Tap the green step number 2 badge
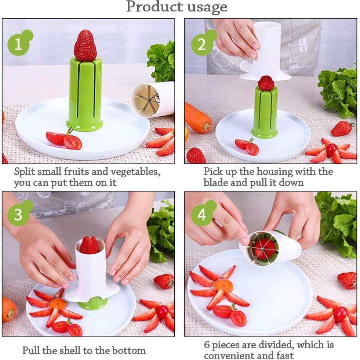[202, 44]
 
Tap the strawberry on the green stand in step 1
[85, 46]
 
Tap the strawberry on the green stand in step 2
[266, 83]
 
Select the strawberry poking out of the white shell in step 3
[89, 245]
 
